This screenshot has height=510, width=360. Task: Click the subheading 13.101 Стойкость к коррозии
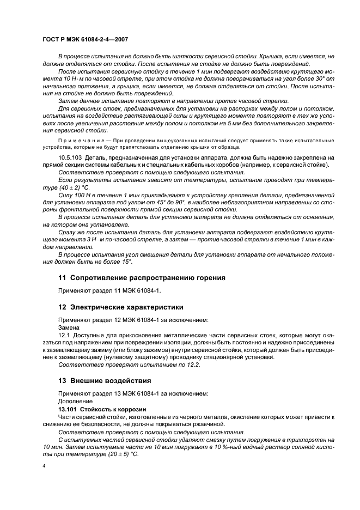(96, 408)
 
